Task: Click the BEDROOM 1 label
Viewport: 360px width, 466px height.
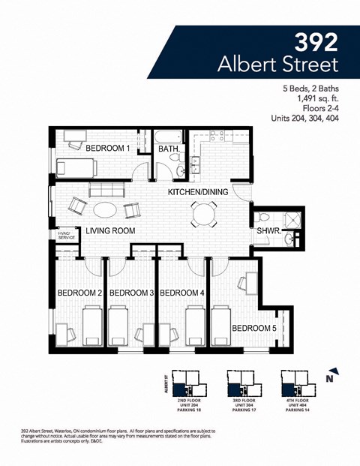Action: coord(107,149)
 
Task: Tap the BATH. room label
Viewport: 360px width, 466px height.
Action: coord(169,149)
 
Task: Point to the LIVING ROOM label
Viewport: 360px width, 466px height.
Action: coord(110,231)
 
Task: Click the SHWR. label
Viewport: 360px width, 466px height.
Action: coord(268,231)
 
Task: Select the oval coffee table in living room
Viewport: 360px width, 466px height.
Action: coord(104,209)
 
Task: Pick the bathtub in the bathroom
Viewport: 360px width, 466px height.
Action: coord(169,137)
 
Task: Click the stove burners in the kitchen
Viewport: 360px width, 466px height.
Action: coord(217,136)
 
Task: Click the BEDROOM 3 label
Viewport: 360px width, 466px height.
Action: coord(131,293)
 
